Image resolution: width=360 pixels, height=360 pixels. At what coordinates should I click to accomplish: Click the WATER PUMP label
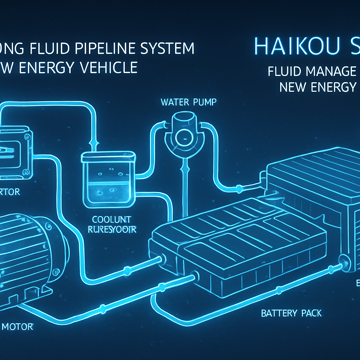coord(188,102)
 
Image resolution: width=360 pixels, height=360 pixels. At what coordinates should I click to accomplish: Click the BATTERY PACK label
coord(291,313)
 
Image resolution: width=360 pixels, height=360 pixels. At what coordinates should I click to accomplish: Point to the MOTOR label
coord(18,327)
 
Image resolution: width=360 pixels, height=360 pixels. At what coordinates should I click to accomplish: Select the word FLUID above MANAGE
coord(285,71)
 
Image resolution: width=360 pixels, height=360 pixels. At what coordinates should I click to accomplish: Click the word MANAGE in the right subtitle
coord(331,71)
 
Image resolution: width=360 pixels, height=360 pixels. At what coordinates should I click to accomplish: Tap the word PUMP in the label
coord(205,102)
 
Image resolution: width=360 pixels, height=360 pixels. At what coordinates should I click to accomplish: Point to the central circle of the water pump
coord(183,135)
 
